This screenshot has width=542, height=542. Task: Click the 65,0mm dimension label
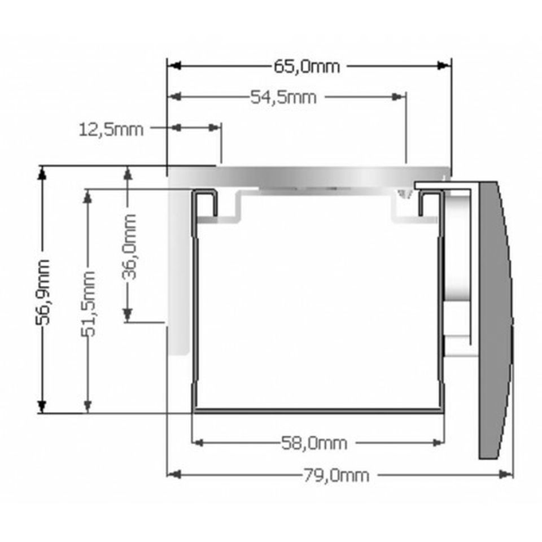click(x=307, y=67)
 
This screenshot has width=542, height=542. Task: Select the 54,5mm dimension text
click(x=283, y=97)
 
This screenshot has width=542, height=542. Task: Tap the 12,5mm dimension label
click(x=111, y=130)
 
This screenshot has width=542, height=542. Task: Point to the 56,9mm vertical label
click(x=43, y=292)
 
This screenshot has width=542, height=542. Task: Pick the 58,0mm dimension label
click(x=314, y=443)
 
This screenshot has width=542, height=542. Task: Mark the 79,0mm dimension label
click(x=336, y=475)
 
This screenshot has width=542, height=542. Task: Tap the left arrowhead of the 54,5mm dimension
click(x=174, y=97)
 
